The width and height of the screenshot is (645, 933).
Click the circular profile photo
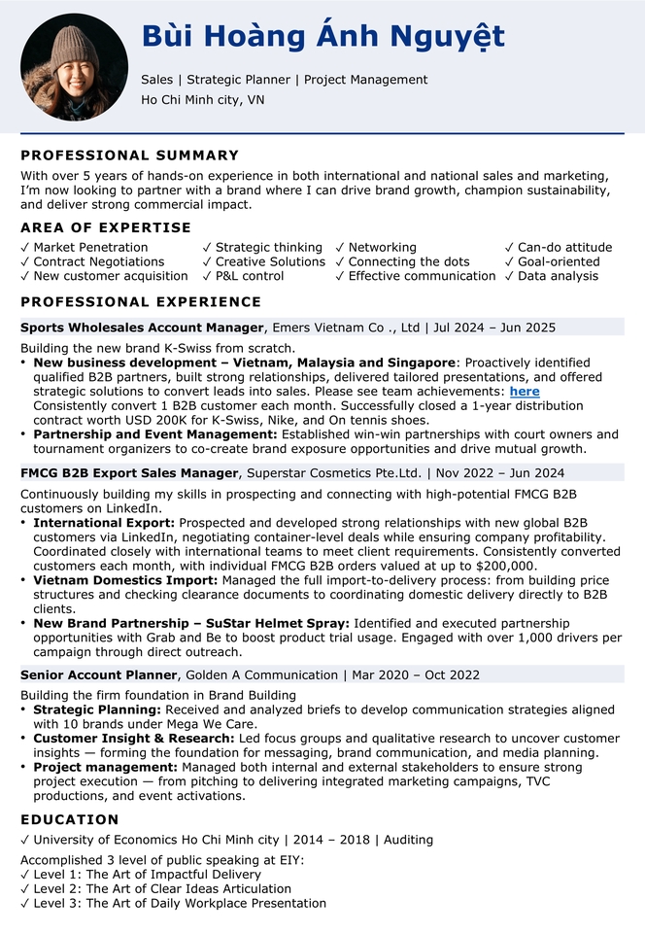73,66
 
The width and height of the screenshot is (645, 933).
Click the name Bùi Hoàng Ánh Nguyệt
322,37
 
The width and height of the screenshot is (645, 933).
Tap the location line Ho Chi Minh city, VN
202,99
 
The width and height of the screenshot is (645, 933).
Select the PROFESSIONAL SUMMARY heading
129,155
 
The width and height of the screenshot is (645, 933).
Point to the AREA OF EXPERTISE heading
106,227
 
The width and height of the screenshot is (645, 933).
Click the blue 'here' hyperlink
525,392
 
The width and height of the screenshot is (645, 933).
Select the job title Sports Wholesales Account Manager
142,328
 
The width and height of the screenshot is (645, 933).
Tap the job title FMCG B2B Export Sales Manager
129,473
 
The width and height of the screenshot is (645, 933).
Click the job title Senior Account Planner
99,674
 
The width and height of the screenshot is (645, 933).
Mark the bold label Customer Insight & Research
133,739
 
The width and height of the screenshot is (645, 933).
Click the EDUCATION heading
70,820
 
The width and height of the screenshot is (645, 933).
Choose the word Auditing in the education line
408,840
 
